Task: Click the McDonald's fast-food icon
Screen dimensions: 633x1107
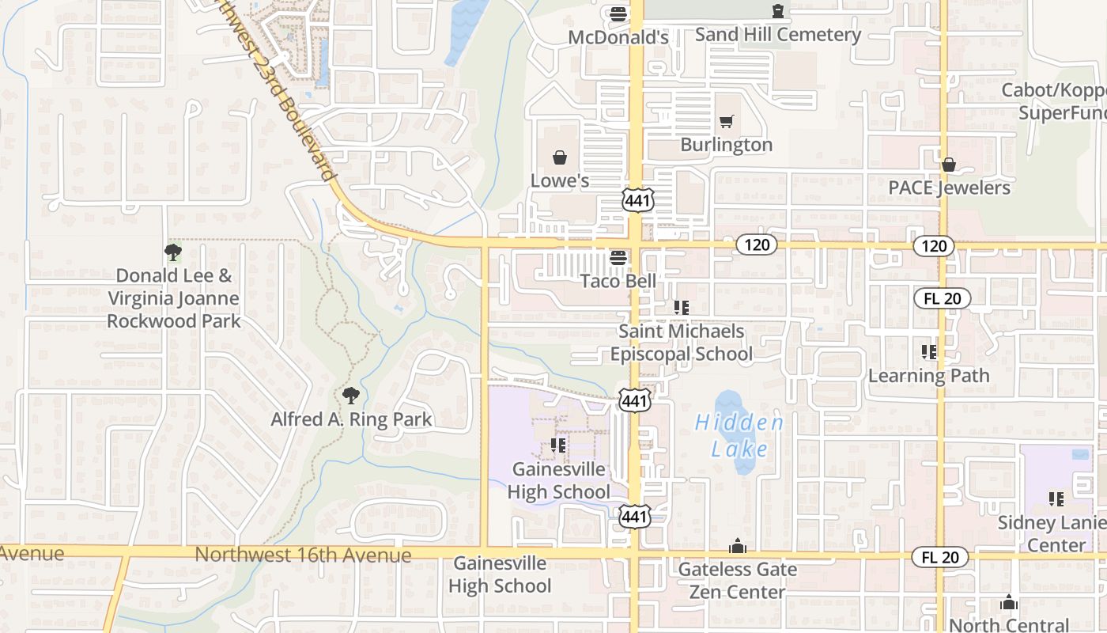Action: click(x=618, y=13)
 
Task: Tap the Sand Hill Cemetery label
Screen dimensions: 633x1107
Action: click(x=777, y=35)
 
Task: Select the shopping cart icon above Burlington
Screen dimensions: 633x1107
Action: click(x=727, y=121)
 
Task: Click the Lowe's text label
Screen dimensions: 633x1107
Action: click(x=560, y=180)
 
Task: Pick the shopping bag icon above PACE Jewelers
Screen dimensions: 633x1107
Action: click(x=949, y=165)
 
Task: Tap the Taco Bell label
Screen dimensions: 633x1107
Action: click(x=618, y=281)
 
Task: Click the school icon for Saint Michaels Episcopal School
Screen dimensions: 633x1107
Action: click(x=681, y=307)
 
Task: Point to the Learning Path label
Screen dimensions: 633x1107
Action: click(x=928, y=375)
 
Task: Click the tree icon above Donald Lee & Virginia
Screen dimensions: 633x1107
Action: click(x=173, y=252)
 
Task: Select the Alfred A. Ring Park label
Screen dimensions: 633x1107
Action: click(x=351, y=419)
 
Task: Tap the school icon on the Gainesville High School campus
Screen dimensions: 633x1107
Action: click(x=558, y=446)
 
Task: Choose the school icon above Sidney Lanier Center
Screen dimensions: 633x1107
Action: click(x=1056, y=499)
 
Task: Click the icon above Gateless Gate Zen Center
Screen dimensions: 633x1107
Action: click(x=738, y=546)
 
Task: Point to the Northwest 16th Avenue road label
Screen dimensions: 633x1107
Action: click(x=303, y=555)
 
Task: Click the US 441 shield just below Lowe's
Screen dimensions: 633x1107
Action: click(x=637, y=201)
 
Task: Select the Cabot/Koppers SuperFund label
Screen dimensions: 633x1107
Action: click(x=1055, y=101)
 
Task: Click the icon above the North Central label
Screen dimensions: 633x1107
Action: click(x=1008, y=603)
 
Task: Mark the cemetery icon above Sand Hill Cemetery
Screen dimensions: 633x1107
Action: click(x=779, y=11)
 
